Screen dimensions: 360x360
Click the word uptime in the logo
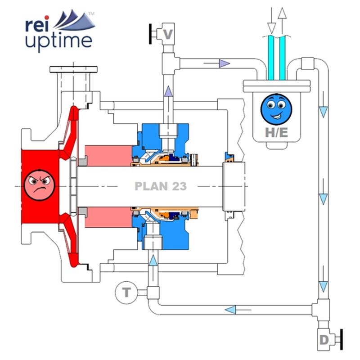click(x=58, y=41)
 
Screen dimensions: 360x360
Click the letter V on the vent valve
click(x=168, y=34)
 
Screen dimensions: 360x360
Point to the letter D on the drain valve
click(x=324, y=340)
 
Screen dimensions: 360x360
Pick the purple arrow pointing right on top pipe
click(x=224, y=63)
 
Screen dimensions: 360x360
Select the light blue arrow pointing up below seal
click(x=153, y=260)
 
